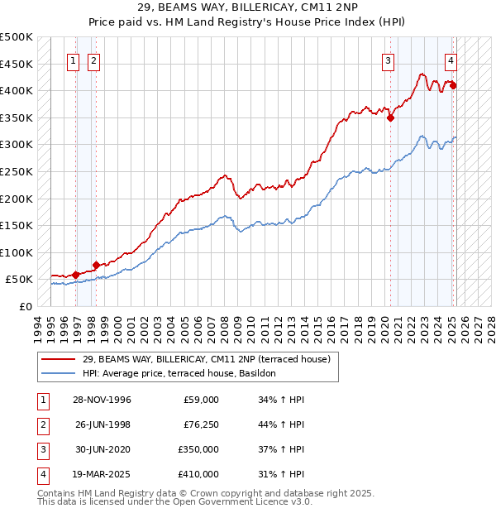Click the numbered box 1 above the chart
(x=73, y=60)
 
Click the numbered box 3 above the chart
(x=388, y=60)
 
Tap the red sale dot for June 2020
(x=390, y=117)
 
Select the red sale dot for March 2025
(x=453, y=85)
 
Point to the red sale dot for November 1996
(x=76, y=274)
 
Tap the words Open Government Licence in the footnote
(x=234, y=501)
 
